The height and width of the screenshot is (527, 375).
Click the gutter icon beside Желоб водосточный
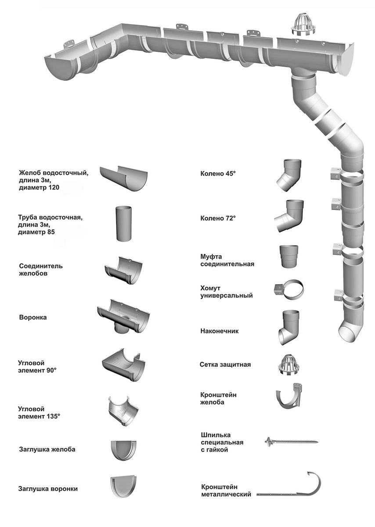pos(124,178)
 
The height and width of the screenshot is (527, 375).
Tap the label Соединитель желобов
pos(41,270)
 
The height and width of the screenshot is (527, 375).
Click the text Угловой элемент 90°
pos(37,366)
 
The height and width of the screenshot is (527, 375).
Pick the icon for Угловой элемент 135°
pos(123,411)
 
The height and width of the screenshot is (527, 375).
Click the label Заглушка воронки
pos(50,488)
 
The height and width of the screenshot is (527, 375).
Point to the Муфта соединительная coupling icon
pos(290,256)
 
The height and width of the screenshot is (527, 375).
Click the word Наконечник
pos(220,331)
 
